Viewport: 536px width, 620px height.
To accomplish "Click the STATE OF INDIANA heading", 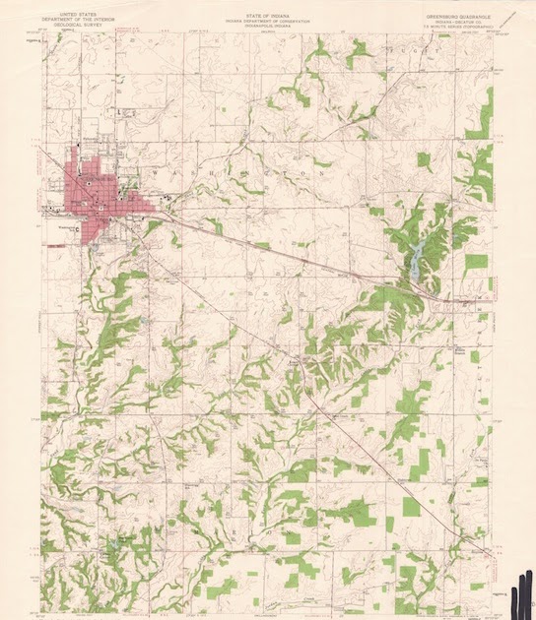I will tap(269, 6).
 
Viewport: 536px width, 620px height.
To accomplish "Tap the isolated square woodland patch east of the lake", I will tap(476, 262).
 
